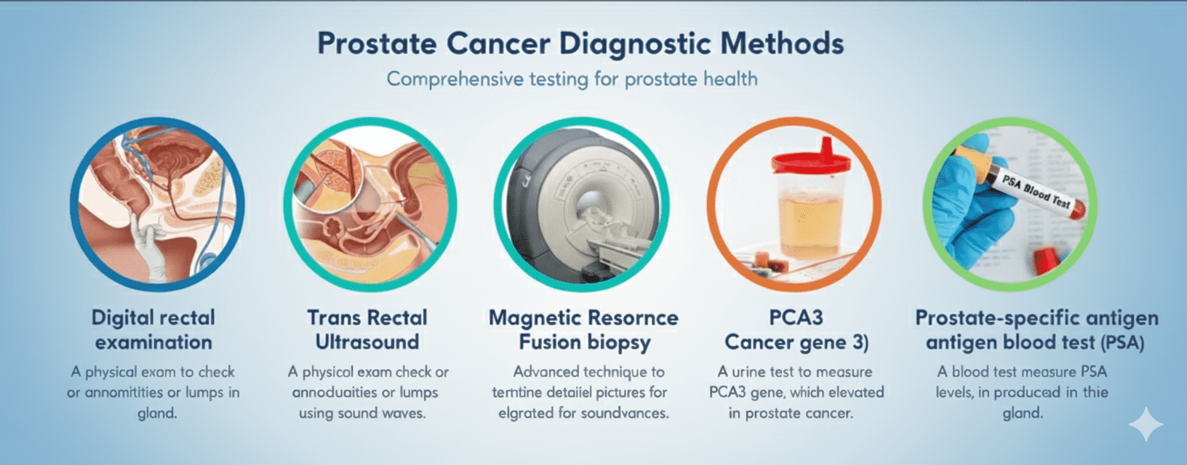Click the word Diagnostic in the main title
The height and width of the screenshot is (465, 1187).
(635, 44)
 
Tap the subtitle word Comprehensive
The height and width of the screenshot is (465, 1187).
(455, 79)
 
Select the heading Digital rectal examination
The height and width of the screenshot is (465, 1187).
(153, 329)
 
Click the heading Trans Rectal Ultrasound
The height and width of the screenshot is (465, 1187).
(367, 329)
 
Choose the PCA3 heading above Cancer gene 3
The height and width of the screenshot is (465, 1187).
(796, 318)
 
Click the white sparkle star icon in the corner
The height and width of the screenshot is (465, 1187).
(1146, 424)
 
